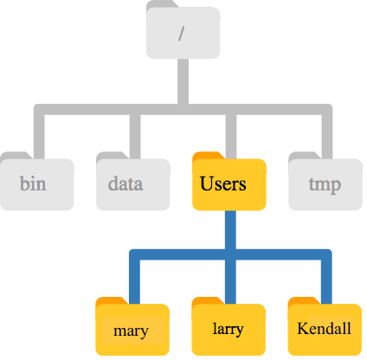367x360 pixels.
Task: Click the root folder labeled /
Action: (183, 30)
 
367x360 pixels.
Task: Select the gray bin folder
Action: (37, 182)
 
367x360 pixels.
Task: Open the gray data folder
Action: (133, 182)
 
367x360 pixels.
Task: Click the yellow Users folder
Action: (229, 182)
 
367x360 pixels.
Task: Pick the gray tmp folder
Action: (325, 182)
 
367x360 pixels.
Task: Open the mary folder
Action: (132, 327)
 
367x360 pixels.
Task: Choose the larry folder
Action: (229, 327)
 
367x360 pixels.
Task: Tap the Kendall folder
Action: (325, 327)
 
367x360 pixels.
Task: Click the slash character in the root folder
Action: (181, 34)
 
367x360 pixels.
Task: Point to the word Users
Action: (223, 183)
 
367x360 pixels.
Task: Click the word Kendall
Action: (325, 328)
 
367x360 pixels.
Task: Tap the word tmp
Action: (325, 185)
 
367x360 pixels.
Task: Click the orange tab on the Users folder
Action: (209, 156)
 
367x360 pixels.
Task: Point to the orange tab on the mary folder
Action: (112, 301)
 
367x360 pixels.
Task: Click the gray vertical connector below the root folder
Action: (183, 81)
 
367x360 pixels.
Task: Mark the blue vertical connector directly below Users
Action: (230, 230)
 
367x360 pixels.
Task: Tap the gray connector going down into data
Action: (135, 137)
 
